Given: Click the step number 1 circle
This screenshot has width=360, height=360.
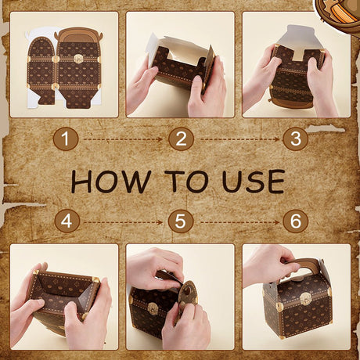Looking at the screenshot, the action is pyautogui.click(x=66, y=139).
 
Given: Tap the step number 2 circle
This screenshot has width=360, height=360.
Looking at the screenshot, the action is pyautogui.click(x=181, y=139).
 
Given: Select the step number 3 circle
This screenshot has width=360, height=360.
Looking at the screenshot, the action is pyautogui.click(x=296, y=139).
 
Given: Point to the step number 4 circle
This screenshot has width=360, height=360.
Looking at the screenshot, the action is pyautogui.click(x=67, y=221).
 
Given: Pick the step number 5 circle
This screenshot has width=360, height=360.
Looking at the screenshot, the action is pyautogui.click(x=181, y=221).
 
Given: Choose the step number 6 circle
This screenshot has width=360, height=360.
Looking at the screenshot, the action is pyautogui.click(x=296, y=221).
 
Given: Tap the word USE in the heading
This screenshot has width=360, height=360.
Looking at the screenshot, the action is pyautogui.click(x=253, y=182).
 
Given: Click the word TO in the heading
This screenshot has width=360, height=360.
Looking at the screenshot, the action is pyautogui.click(x=186, y=182).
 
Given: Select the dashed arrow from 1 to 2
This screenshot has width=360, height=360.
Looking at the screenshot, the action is pyautogui.click(x=123, y=139).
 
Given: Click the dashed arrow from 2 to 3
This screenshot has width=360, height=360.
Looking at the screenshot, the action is pyautogui.click(x=239, y=139).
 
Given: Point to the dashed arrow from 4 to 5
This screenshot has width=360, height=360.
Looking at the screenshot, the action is pyautogui.click(x=123, y=222).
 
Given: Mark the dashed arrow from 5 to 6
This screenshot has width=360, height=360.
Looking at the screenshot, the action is pyautogui.click(x=239, y=222).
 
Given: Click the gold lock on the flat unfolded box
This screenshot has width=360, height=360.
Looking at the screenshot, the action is pyautogui.click(x=77, y=59).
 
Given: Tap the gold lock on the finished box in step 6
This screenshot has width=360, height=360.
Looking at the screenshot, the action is pyautogui.click(x=304, y=298).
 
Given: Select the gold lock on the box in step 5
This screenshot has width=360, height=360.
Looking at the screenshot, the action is pyautogui.click(x=153, y=308).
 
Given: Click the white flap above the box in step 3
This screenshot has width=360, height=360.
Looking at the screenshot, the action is pyautogui.click(x=297, y=39).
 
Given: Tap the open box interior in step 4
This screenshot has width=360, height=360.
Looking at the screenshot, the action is pyautogui.click(x=64, y=291).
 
